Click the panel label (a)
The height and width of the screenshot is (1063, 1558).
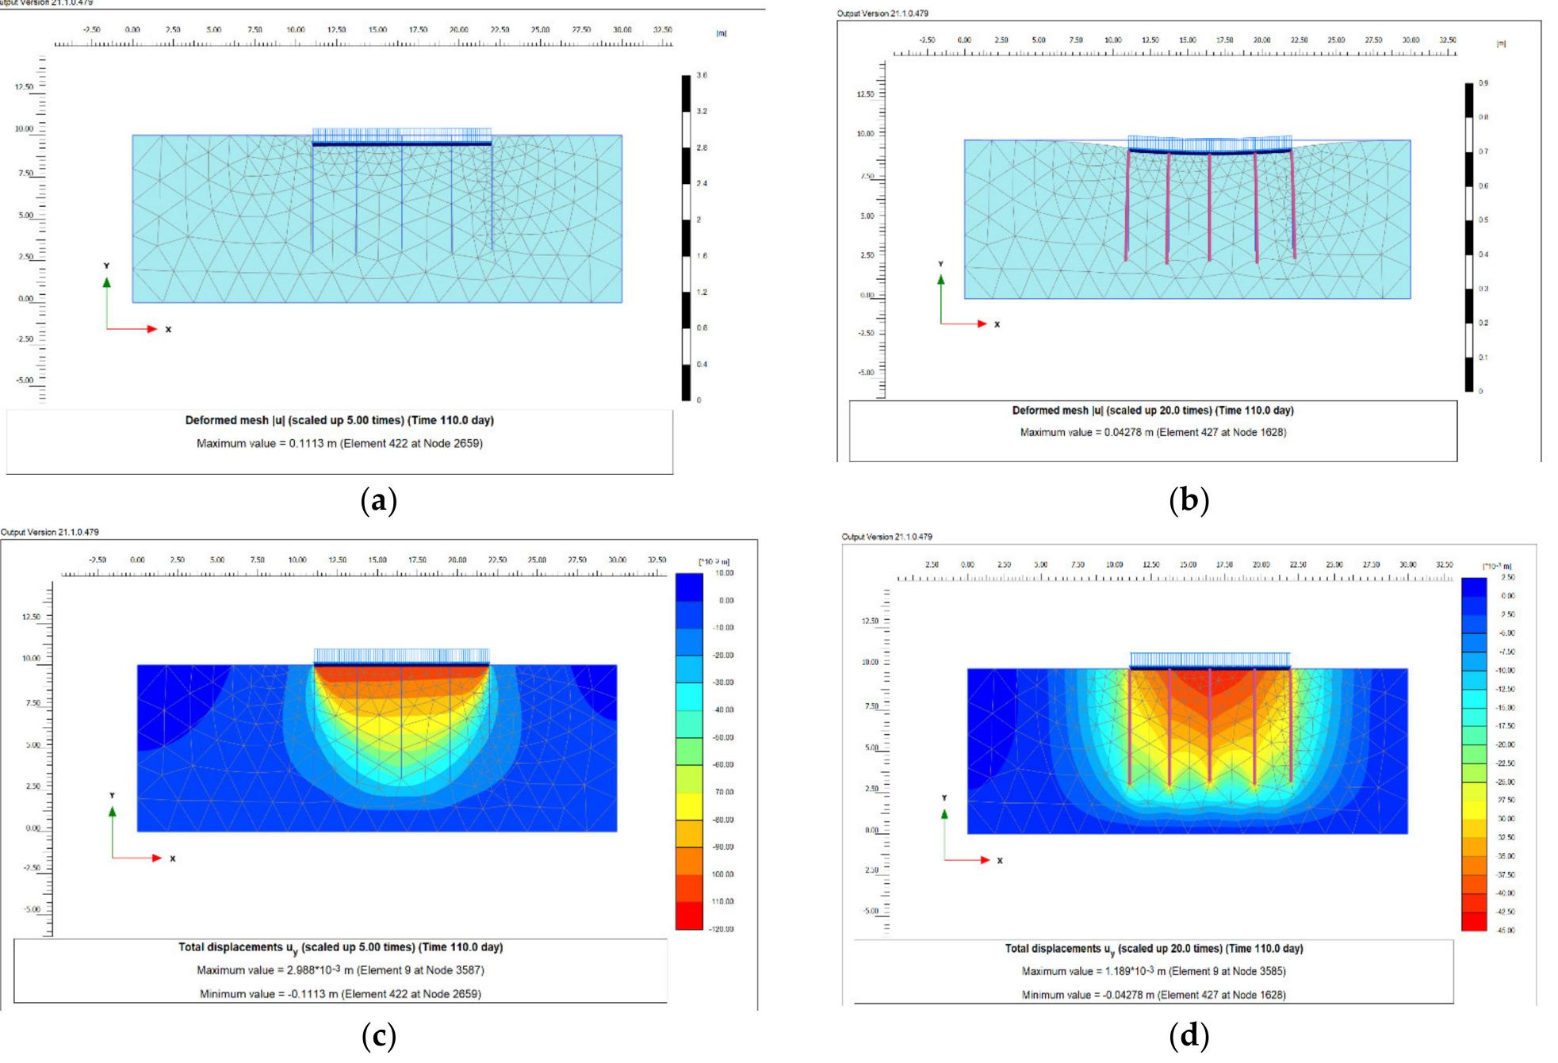coord(378,501)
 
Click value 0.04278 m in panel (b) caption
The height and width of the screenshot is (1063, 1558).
coord(1128,432)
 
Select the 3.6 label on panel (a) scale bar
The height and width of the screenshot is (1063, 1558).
coord(702,75)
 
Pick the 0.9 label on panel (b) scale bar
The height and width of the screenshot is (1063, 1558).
coord(1483,82)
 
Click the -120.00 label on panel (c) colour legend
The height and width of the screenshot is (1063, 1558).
coord(722,929)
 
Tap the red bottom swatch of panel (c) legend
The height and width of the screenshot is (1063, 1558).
coord(688,916)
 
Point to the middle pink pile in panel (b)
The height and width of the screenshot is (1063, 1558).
coord(1209,206)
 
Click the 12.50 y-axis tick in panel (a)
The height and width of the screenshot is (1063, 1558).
coord(24,87)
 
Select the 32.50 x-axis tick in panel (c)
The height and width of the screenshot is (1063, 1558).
coord(657,560)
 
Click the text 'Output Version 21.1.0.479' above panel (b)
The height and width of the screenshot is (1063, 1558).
coord(882,13)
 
